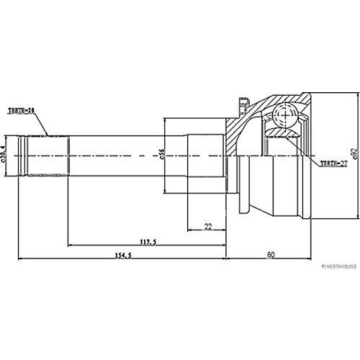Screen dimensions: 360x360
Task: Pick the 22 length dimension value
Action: (207, 226)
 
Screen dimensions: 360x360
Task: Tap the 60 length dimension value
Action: (270, 255)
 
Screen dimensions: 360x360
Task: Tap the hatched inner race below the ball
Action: (282, 133)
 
